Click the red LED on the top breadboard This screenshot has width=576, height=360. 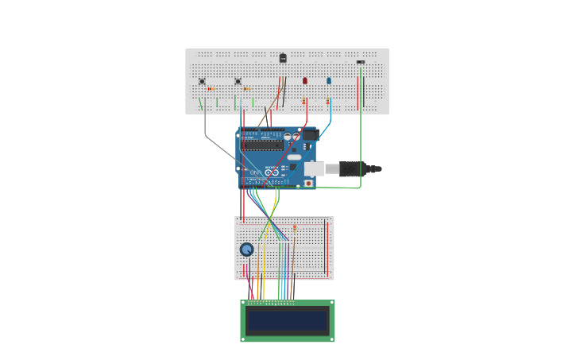[304, 80]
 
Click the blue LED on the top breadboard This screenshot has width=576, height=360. [329, 80]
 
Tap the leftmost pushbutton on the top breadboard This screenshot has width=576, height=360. [202, 81]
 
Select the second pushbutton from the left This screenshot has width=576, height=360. [238, 81]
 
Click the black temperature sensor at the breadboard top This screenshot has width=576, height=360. [283, 58]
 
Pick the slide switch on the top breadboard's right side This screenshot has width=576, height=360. [361, 62]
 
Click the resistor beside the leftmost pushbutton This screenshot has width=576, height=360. [211, 89]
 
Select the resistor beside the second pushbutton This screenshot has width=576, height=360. [246, 89]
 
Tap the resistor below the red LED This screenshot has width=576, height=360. [304, 101]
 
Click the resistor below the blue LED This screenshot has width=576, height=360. [328, 101]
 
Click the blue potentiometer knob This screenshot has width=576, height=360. [247, 250]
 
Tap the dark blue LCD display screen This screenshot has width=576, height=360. [288, 320]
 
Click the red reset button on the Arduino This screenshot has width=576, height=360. [307, 183]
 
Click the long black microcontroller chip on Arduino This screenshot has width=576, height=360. [263, 145]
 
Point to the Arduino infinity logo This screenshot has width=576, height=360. [272, 172]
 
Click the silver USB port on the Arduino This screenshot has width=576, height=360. [314, 168]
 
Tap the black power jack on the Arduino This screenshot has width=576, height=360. [310, 135]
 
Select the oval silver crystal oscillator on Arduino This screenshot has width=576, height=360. [295, 157]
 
